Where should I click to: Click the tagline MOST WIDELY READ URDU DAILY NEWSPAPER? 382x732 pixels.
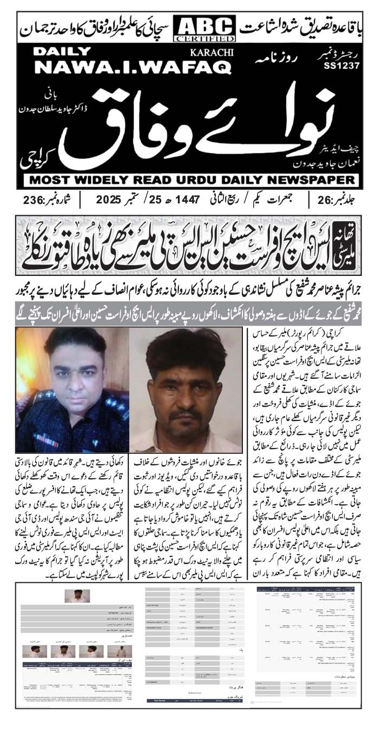tap(191, 179)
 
